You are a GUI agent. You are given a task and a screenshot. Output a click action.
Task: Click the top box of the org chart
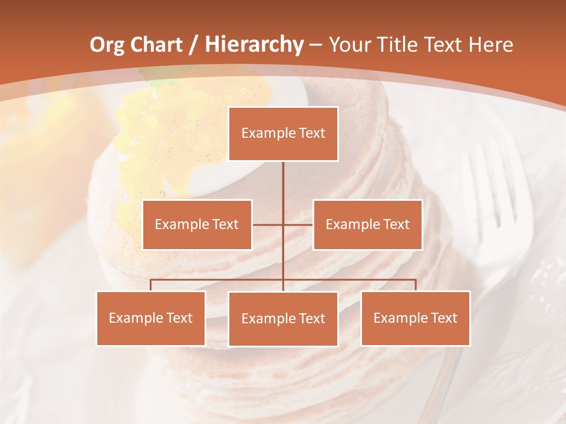[283, 134]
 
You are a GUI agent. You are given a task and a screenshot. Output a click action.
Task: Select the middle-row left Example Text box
[197, 224]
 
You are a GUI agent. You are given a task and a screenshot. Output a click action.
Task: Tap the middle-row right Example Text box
[367, 224]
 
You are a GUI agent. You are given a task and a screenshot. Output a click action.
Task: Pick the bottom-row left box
[151, 318]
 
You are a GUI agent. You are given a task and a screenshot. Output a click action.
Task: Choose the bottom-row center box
[283, 319]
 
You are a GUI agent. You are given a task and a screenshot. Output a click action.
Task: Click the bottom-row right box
[415, 318]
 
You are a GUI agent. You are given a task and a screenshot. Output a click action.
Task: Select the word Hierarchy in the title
[254, 44]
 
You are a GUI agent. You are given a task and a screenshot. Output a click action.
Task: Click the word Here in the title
[491, 45]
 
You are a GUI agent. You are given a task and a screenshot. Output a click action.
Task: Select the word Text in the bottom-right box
[444, 318]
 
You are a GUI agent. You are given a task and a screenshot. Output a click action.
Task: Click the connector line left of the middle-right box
[298, 224]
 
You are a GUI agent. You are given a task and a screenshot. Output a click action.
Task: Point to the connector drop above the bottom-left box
[151, 285]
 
